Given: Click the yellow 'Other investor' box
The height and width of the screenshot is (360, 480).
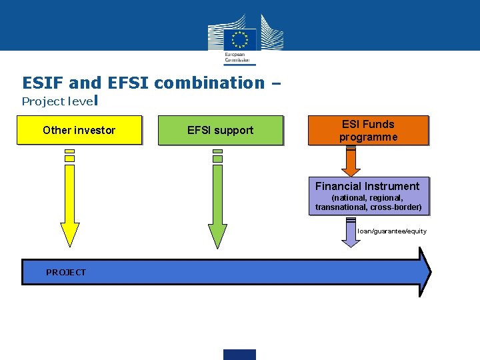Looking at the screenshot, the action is (79, 130).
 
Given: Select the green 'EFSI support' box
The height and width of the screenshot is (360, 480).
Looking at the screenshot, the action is (220, 130).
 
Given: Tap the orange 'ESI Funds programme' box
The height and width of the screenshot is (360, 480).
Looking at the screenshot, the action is (368, 130).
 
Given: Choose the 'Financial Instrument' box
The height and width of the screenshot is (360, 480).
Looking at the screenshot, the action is (368, 196).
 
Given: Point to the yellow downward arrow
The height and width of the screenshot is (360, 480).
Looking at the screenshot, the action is (70, 200).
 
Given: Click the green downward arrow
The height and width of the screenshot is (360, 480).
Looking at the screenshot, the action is (217, 200).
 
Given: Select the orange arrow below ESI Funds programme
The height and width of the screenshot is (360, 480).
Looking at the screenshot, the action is (351, 161).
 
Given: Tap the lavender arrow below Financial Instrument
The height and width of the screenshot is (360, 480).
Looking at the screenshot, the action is (351, 233).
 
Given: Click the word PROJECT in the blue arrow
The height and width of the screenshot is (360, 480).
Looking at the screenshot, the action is (66, 272).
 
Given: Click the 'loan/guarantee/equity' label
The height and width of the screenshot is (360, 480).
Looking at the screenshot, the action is (392, 231).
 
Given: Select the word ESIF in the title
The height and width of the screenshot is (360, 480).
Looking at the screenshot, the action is (43, 83).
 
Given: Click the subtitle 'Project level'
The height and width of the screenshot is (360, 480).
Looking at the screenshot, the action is (59, 101).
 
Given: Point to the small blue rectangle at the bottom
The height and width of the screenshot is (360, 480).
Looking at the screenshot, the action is (239, 354).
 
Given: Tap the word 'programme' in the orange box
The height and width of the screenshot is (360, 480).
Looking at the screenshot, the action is (368, 137).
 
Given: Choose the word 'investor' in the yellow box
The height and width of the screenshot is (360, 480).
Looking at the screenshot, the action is (95, 130).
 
